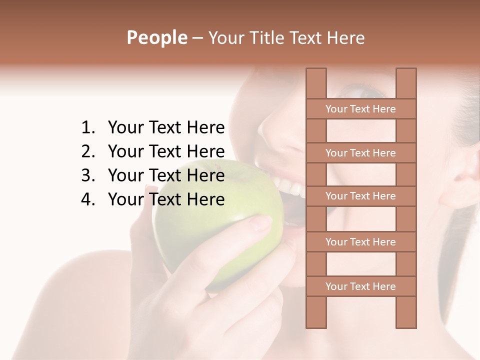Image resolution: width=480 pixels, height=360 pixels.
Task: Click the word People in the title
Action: pos(156,37)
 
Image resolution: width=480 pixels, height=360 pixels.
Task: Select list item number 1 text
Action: pos(166,127)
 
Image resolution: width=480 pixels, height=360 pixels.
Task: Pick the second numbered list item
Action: pos(166,151)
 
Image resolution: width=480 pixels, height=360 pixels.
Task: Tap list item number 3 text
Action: pos(166,175)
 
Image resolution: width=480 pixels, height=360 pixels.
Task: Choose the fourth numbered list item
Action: pos(166,199)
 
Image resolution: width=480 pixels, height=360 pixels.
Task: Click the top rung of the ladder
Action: pos(360,109)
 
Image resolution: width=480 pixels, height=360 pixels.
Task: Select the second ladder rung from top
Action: pos(360,153)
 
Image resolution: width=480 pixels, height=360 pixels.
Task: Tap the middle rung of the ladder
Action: pos(360,196)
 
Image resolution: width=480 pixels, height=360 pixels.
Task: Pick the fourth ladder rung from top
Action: pos(360,242)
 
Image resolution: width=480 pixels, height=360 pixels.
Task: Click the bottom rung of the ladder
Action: pos(360,286)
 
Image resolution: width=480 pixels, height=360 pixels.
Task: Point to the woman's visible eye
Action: pos(367,92)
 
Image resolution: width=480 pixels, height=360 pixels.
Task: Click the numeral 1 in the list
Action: pos(87,127)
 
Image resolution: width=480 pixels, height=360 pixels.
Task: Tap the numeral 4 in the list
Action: pos(87,199)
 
